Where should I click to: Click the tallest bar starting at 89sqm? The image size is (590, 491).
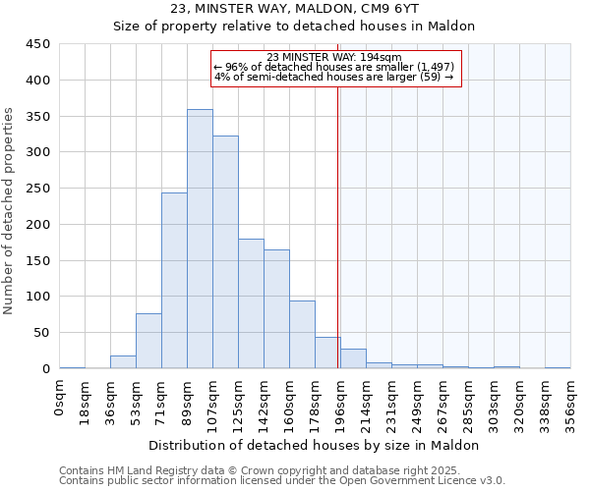coord(200,239)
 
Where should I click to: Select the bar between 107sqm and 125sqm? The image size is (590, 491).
coord(225,252)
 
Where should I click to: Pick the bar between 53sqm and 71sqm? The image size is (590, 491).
coord(148,341)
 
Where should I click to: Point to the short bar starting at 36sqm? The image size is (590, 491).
coord(123,362)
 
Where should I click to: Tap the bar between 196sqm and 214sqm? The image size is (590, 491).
coord(353,359)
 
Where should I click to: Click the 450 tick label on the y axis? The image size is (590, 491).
coord(38,44)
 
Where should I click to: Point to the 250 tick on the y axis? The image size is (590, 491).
coord(38,189)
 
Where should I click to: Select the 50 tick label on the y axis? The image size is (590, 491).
coord(42,333)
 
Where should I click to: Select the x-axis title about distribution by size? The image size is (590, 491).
coord(315,445)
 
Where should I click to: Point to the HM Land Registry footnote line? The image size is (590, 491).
coord(280,470)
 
